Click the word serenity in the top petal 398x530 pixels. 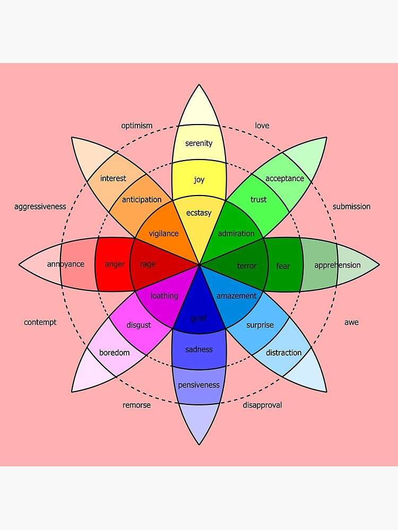pos(199,143)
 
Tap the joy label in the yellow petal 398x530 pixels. pos(199,180)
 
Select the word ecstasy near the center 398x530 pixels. pos(199,213)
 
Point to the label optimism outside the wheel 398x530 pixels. pos(136,126)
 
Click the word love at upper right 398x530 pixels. pos(262,126)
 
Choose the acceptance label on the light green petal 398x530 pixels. pos(284,179)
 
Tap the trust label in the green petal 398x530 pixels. pos(258,199)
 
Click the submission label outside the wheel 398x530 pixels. pos(351,206)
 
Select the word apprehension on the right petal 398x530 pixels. pos(337,265)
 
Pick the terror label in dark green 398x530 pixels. pos(247,266)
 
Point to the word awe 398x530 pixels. pos(351,322)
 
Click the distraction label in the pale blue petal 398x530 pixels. pos(283,352)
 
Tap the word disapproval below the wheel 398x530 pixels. pos(262,405)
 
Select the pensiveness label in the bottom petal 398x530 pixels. pos(199,385)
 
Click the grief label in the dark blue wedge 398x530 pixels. pos(199,318)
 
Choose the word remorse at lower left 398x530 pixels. pos(136,405)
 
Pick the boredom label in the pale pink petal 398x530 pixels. pos(114,352)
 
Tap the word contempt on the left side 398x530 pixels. pos(40,322)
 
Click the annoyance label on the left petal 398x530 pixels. pos(65,264)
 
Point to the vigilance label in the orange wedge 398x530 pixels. pos(163,233)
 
